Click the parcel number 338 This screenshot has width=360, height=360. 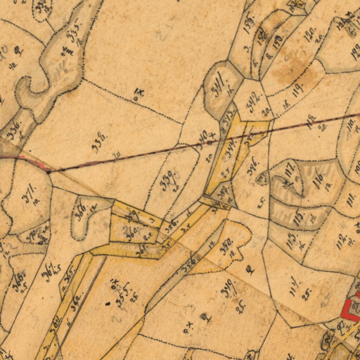tap(99, 143)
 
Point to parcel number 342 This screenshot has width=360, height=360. tap(255, 102)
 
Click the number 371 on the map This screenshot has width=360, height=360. tap(29, 194)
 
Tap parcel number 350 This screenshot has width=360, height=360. tap(226, 246)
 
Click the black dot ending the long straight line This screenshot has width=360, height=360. tap(49, 172)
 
